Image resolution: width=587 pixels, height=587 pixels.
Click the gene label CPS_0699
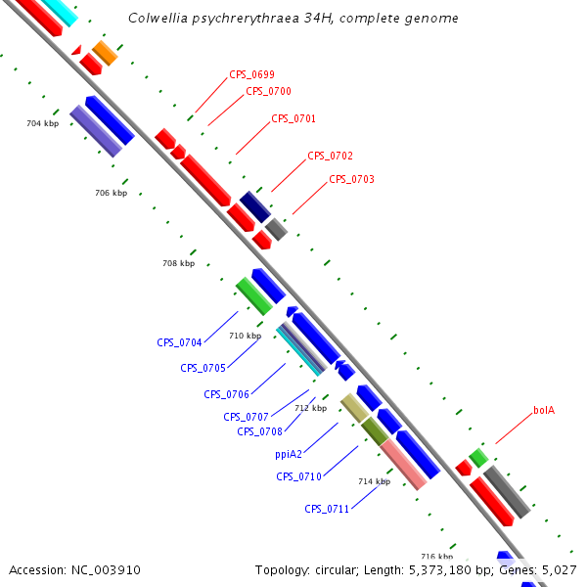click(251, 74)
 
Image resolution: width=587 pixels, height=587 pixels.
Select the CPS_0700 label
click(268, 92)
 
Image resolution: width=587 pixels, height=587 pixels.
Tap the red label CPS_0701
click(293, 119)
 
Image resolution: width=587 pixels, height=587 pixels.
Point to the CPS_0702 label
click(330, 157)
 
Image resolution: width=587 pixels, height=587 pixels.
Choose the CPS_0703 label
click(351, 180)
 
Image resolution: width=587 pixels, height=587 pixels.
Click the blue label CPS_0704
click(179, 343)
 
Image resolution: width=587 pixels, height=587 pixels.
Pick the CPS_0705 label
click(203, 369)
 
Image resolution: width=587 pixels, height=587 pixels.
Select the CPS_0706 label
click(226, 395)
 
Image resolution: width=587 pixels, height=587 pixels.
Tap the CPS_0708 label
click(259, 432)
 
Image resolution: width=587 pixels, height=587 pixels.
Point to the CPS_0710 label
click(298, 477)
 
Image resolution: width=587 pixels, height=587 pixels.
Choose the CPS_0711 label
click(327, 509)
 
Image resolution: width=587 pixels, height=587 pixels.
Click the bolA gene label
click(544, 411)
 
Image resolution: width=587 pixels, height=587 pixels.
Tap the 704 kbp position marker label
click(43, 124)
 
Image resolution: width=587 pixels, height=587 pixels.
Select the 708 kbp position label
click(178, 264)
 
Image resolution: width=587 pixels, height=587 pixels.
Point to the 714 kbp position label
click(374, 482)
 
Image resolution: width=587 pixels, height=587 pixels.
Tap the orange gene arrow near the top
click(105, 54)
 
